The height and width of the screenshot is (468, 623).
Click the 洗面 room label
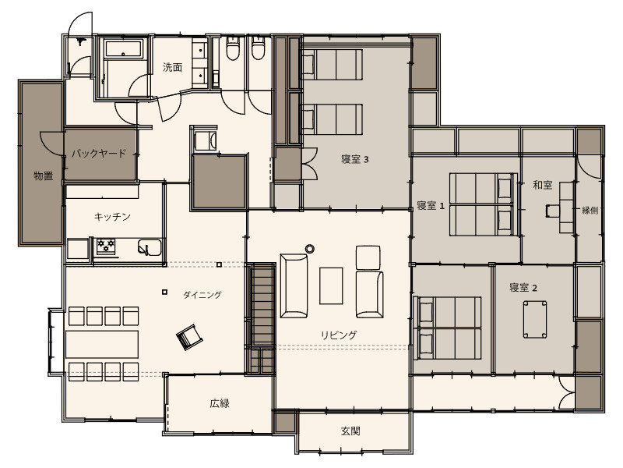172,67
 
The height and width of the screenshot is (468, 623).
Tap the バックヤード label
99,153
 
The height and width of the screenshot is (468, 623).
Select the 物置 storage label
44,175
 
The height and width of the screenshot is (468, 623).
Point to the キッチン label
112,217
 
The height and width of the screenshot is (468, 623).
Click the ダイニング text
202,295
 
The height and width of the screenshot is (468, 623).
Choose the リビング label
339,335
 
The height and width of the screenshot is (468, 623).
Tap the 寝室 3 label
355,160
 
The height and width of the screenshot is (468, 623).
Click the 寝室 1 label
431,206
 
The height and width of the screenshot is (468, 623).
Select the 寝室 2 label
523,287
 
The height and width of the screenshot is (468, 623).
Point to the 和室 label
543,185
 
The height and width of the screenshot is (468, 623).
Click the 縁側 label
590,210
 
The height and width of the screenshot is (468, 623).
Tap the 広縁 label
220,403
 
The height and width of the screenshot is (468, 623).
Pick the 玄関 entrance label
351,431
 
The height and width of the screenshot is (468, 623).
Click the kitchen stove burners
106,246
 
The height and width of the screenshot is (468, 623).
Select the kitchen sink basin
150,247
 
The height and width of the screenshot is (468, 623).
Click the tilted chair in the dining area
189,338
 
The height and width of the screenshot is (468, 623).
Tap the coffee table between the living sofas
332,285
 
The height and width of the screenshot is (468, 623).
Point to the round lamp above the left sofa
310,249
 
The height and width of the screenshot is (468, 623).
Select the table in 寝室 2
535,320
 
